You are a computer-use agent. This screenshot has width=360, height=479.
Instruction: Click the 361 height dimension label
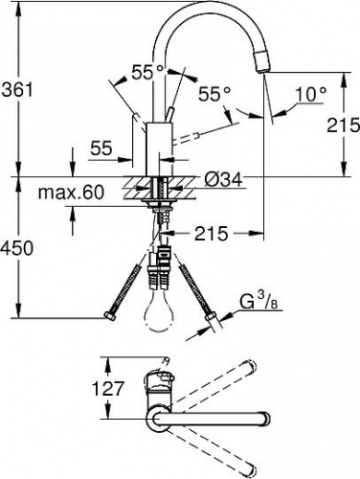[17, 90]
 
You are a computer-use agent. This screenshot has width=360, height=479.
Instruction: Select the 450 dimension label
[16, 248]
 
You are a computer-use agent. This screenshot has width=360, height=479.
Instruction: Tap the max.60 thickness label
[71, 193]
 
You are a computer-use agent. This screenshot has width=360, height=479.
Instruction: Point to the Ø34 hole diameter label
[223, 181]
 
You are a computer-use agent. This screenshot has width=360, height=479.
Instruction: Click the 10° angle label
[311, 95]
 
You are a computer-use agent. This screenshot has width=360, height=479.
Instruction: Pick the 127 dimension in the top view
[107, 389]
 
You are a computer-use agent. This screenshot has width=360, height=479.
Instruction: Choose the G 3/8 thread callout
[259, 302]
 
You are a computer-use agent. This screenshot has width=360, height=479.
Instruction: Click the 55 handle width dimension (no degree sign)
[101, 148]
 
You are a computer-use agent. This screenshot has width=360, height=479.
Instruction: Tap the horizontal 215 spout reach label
[212, 234]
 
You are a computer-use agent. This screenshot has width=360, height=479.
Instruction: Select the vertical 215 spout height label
[343, 125]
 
